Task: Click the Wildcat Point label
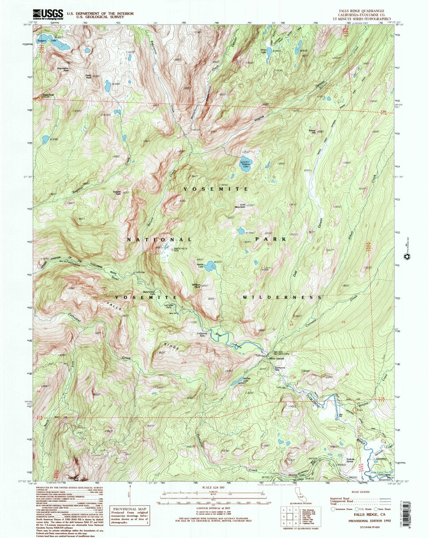click(x=196, y=286)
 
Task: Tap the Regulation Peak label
click(x=63, y=69)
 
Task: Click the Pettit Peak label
click(x=88, y=76)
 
